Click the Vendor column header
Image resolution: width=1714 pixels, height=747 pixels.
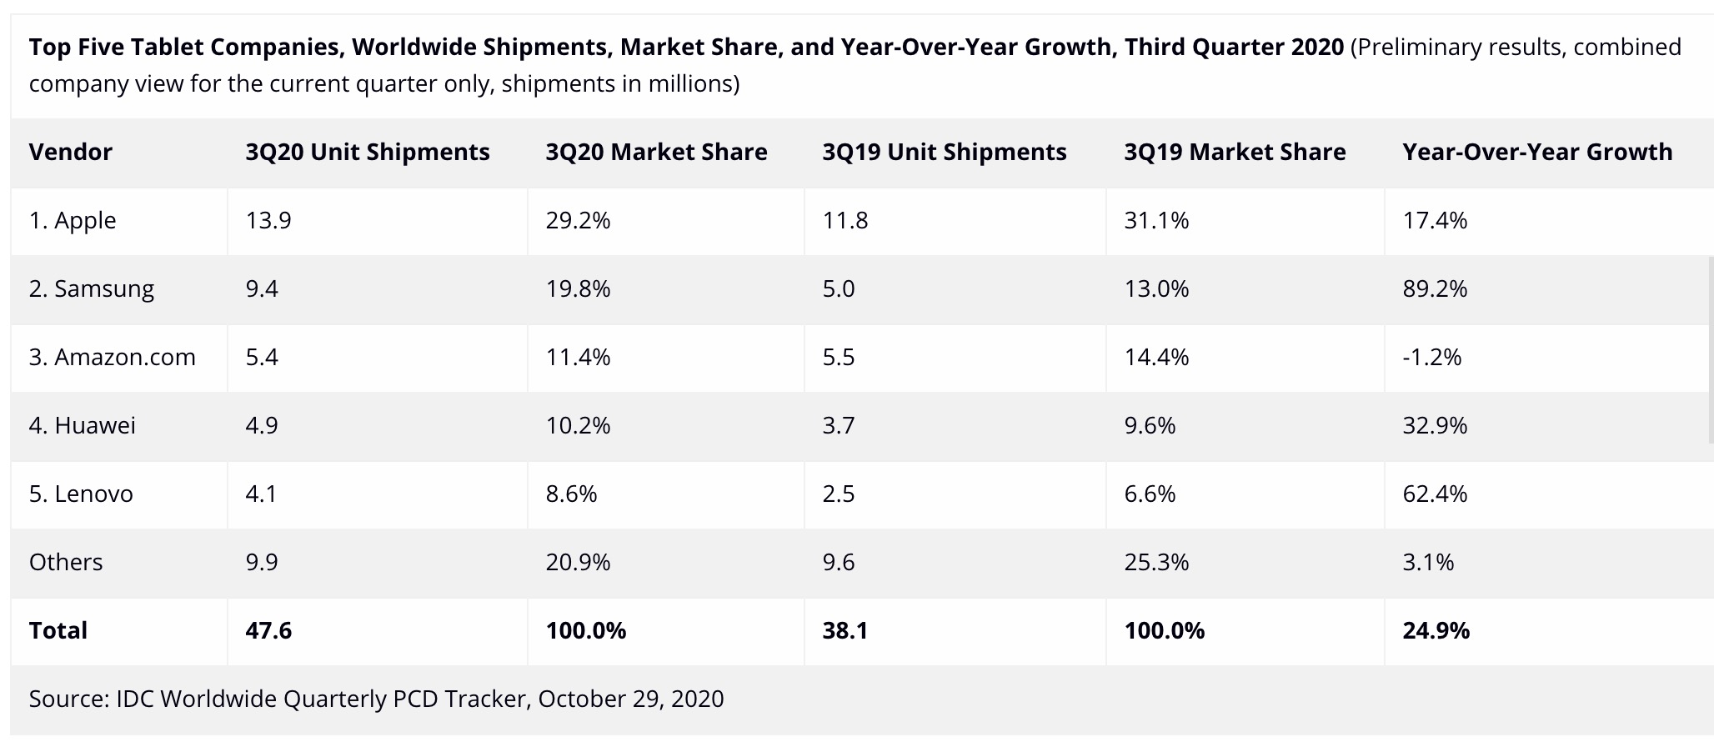(x=71, y=152)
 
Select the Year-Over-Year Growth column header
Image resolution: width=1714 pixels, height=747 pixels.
(x=1537, y=152)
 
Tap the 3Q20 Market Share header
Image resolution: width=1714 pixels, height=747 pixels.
(x=656, y=152)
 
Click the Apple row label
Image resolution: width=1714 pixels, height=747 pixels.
(x=73, y=220)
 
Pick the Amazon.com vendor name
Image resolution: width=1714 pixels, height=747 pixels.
(x=112, y=357)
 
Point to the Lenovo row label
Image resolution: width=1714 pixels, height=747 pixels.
(x=81, y=494)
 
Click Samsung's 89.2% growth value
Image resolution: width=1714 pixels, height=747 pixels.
(x=1435, y=288)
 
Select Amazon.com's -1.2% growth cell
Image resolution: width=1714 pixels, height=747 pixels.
(x=1432, y=357)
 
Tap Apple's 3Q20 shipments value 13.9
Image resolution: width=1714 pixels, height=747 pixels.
(x=268, y=220)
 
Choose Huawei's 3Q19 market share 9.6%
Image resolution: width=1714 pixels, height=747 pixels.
(x=1150, y=425)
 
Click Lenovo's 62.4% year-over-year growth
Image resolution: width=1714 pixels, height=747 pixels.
(x=1435, y=494)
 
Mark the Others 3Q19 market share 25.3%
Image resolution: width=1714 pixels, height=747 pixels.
(x=1156, y=562)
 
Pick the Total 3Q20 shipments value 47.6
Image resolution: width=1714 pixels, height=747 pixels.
(x=268, y=630)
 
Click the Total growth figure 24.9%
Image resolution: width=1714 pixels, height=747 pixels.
(x=1436, y=630)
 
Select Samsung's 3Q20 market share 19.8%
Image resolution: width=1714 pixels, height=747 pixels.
(x=578, y=288)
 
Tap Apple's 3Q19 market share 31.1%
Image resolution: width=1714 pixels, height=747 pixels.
(x=1156, y=220)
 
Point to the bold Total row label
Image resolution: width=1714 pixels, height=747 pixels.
(x=58, y=630)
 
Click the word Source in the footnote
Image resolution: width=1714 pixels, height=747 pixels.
(x=68, y=699)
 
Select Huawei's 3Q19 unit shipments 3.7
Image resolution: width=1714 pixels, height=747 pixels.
(x=838, y=425)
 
